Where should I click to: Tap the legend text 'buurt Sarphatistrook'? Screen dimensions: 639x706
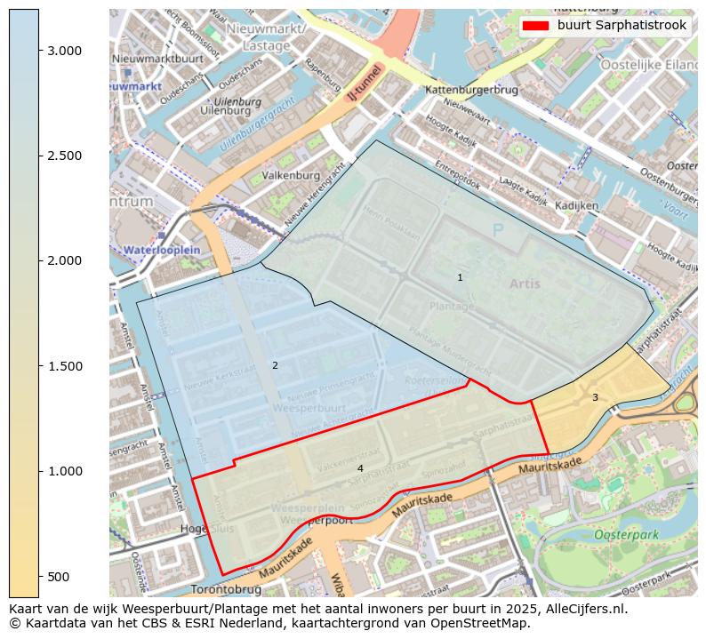622,26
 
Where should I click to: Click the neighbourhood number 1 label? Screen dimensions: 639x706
460,278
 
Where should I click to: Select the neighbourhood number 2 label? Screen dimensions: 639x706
275,365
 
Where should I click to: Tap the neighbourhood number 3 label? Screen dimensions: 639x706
595,397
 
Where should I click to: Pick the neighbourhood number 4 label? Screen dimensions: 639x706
360,468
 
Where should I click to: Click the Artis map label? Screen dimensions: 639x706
525,284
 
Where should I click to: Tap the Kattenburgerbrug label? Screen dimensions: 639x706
471,91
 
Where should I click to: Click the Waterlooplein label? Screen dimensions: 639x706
162,251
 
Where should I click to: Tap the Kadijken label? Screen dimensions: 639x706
576,205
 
